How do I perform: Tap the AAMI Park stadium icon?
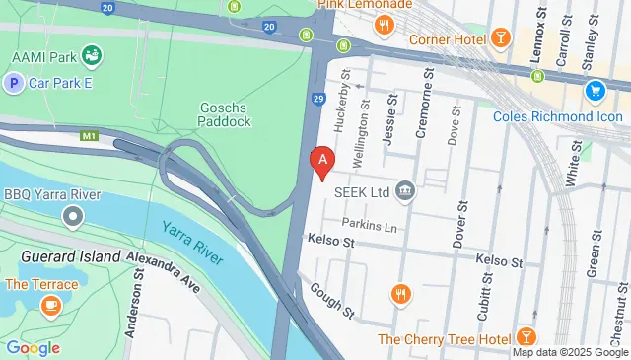tap(92, 53)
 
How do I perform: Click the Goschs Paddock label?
tap(225, 113)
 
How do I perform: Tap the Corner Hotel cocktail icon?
tap(502, 38)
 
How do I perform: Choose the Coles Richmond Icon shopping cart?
tap(595, 91)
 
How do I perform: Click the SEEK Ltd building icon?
tap(404, 189)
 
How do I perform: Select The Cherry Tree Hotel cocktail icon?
tap(526, 339)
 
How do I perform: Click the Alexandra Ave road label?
tap(164, 273)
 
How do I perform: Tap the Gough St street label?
tap(331, 301)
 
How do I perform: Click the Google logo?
tap(33, 347)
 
